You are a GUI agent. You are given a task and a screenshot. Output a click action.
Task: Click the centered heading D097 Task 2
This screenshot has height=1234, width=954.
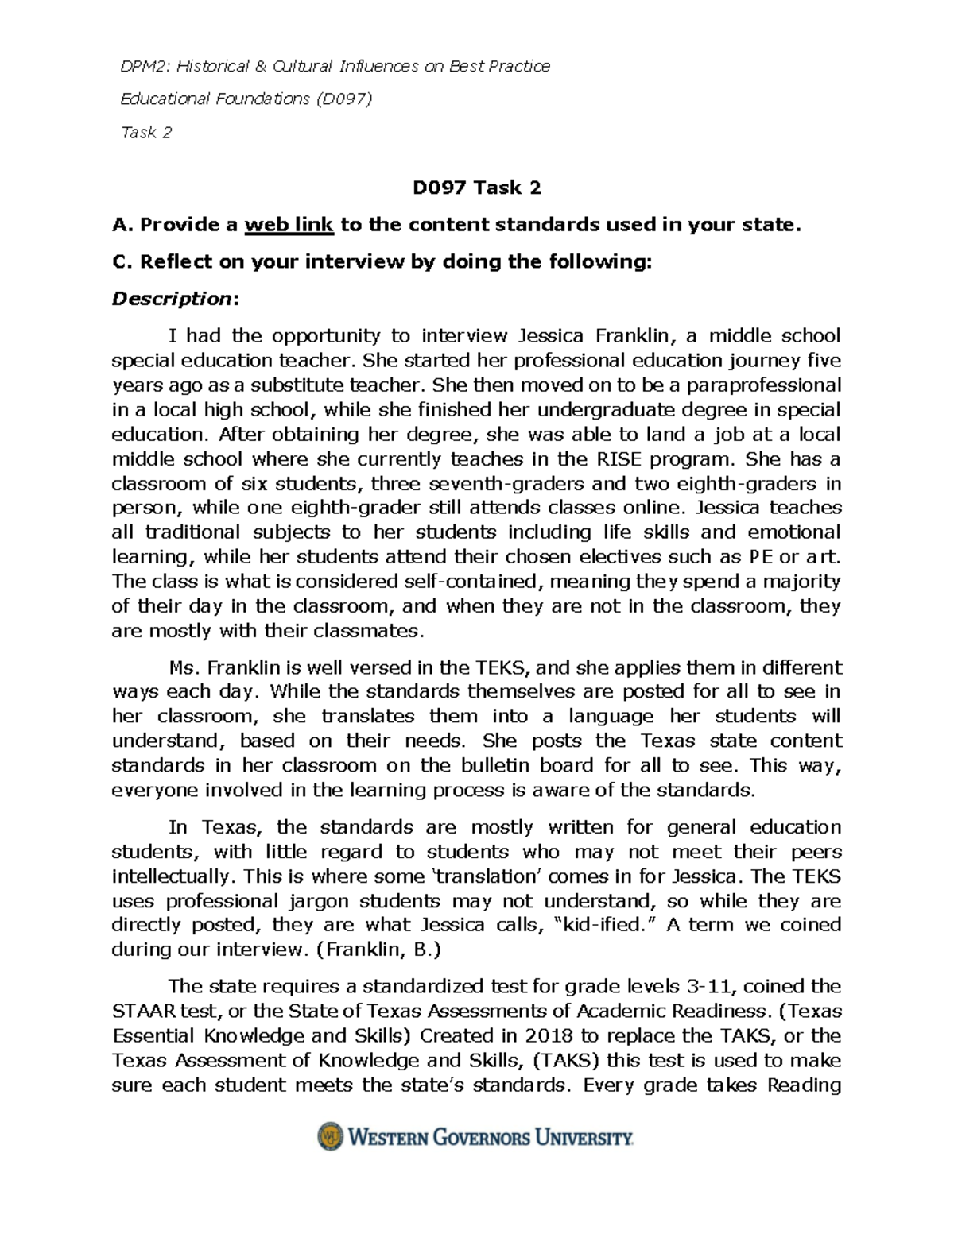coord(476,188)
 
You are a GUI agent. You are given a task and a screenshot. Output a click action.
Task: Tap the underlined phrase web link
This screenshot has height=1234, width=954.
coord(289,225)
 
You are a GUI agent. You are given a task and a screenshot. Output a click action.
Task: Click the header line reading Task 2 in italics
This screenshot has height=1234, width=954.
coord(145,133)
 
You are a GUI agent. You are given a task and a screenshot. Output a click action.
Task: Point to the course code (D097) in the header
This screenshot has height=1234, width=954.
coord(343,99)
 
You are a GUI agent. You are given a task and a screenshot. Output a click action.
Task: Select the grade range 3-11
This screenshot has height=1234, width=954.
coord(704,987)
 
